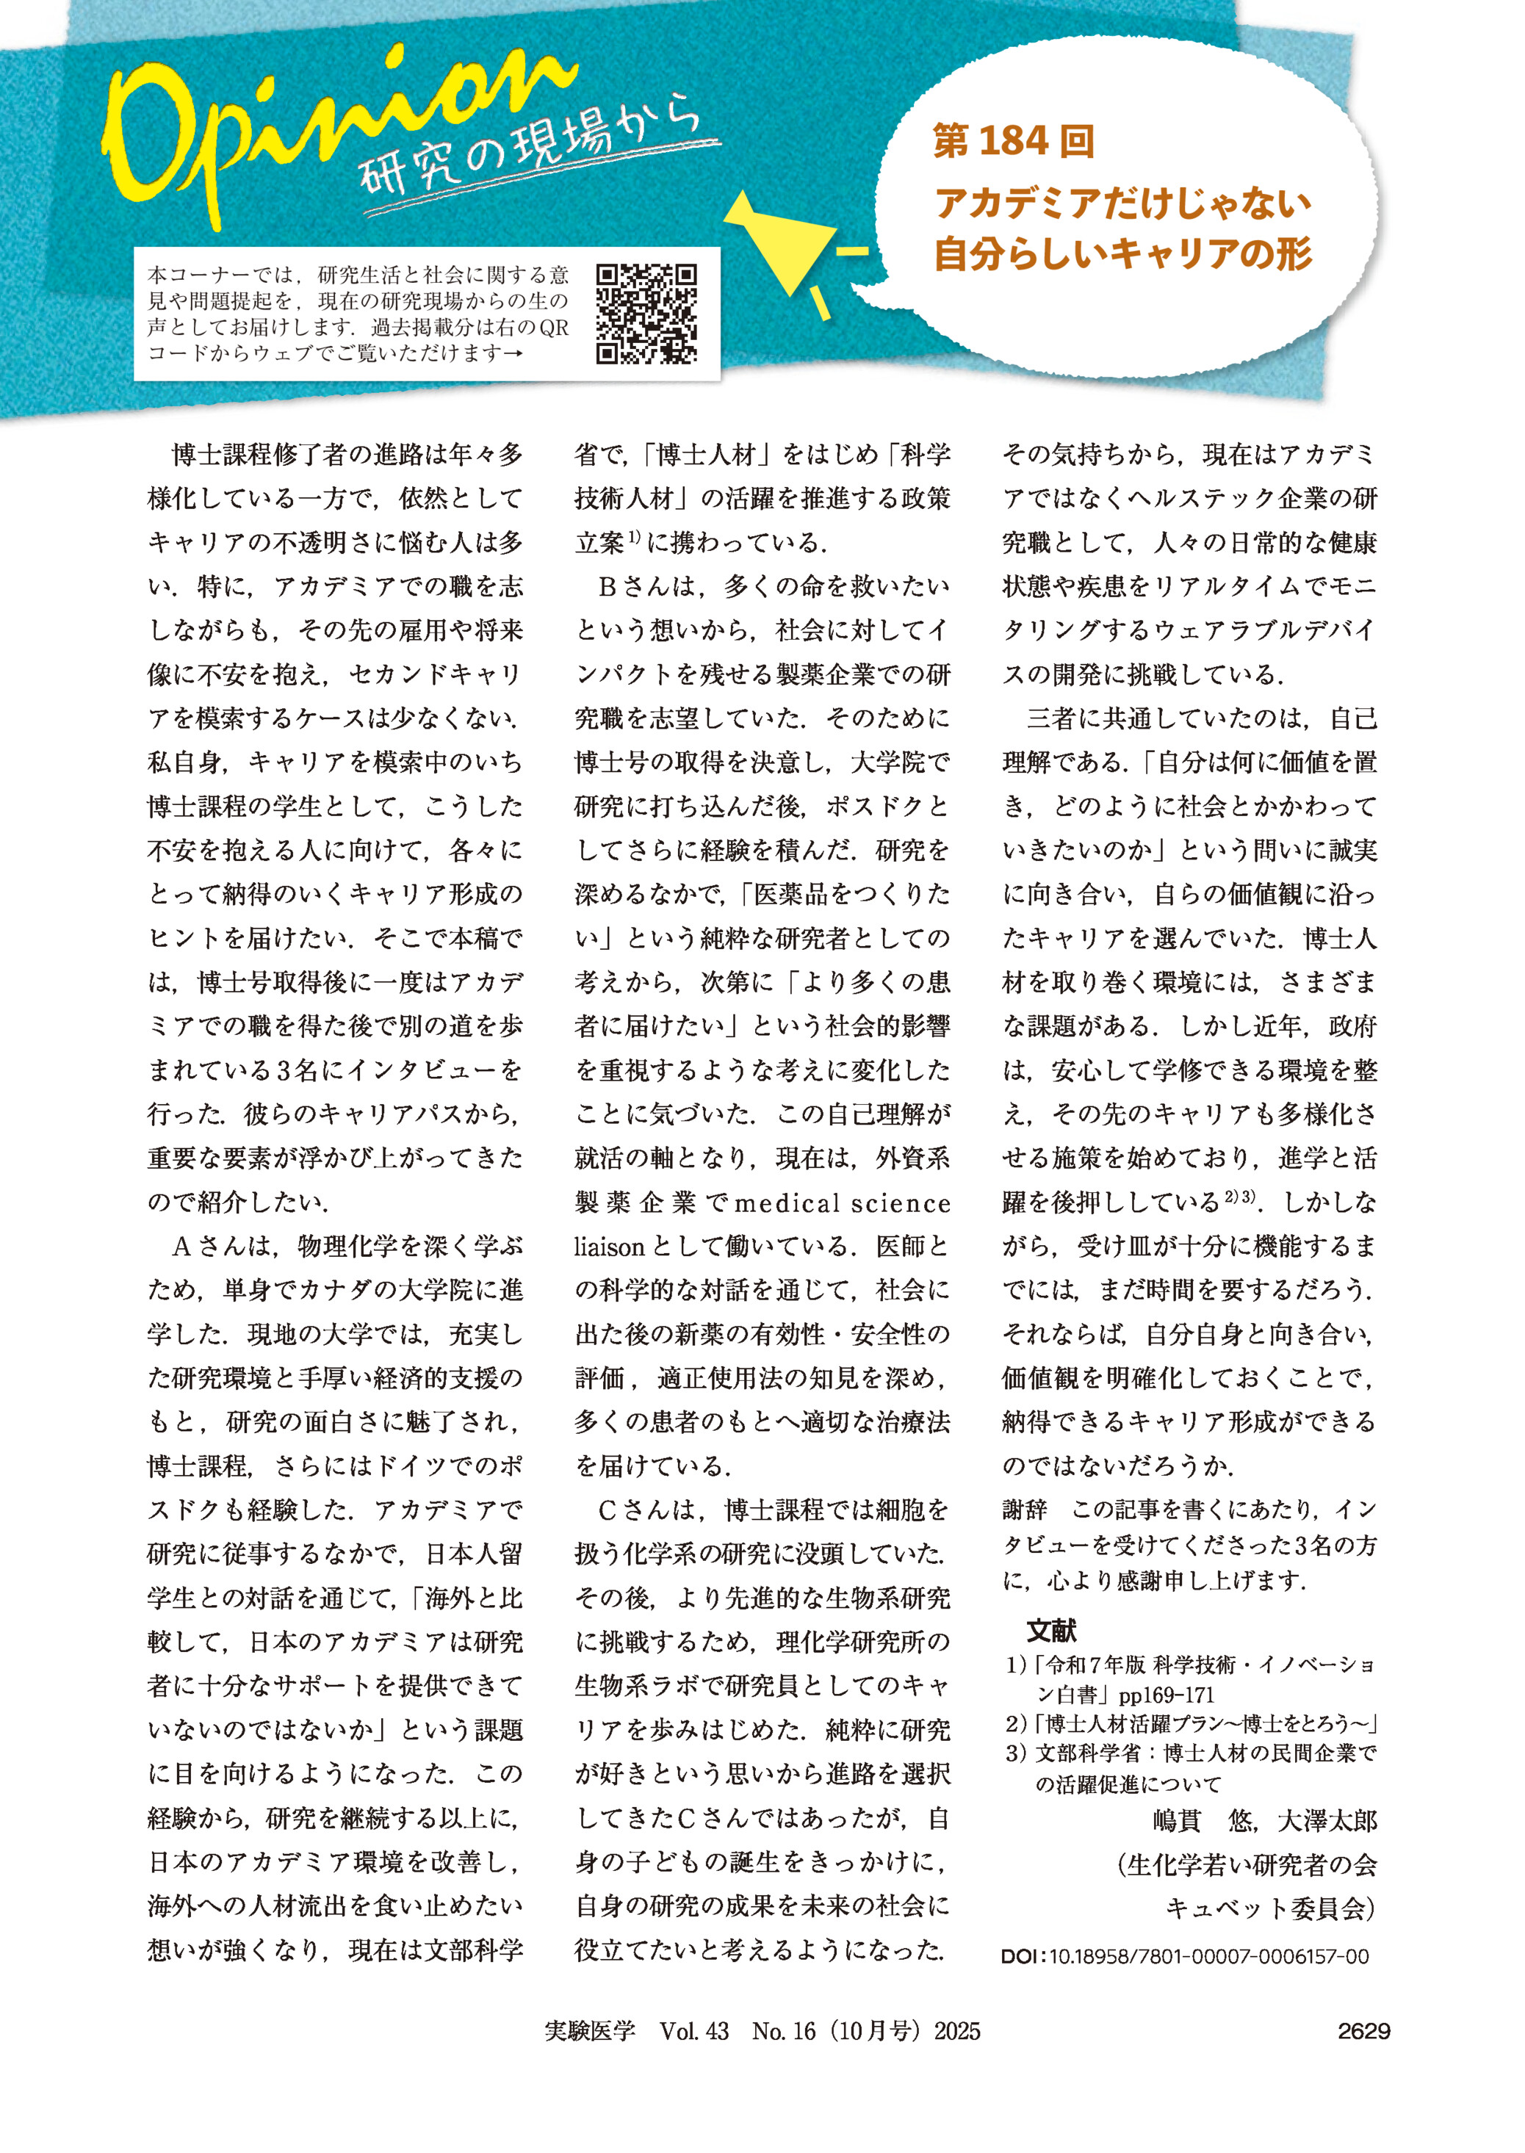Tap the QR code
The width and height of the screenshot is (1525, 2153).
647,314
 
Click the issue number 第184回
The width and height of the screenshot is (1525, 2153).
1014,141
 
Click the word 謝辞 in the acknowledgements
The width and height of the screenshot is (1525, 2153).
1025,1511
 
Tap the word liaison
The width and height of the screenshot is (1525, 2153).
610,1248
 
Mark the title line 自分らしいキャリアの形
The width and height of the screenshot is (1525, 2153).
1123,253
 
